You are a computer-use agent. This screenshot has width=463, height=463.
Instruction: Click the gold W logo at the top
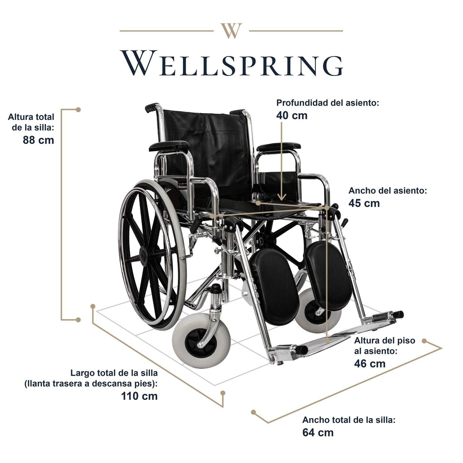(x=231, y=31)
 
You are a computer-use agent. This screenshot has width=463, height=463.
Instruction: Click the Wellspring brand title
(x=231, y=63)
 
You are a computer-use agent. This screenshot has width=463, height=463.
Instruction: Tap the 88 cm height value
(x=38, y=140)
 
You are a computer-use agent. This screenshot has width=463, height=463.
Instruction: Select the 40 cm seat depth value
(x=292, y=115)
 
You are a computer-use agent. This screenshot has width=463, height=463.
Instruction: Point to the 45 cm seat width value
(x=364, y=203)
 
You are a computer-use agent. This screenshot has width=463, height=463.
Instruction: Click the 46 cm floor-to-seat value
(x=370, y=363)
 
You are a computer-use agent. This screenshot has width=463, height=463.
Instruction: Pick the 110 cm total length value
(x=139, y=396)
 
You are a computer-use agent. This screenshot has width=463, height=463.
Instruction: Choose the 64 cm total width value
(x=318, y=433)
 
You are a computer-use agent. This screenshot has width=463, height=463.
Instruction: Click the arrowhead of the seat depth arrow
(x=282, y=198)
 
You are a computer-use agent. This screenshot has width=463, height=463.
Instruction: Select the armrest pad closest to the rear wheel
(x=169, y=146)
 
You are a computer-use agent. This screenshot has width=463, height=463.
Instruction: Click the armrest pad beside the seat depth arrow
(x=278, y=147)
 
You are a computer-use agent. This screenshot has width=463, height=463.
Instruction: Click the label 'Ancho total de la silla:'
(x=349, y=420)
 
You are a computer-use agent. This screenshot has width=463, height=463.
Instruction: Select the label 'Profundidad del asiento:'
(x=327, y=103)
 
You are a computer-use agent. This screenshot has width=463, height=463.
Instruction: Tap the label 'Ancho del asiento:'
(x=388, y=191)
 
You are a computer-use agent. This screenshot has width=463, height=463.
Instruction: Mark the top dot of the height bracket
(x=78, y=110)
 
